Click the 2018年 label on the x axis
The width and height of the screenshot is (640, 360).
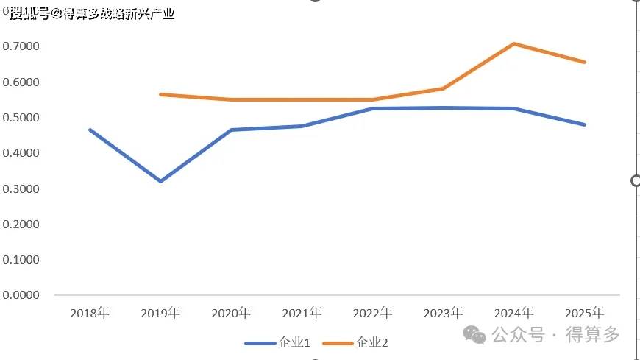[x=90, y=313]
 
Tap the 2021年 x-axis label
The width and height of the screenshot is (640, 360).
[x=302, y=313]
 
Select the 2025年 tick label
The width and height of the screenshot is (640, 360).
[x=585, y=313]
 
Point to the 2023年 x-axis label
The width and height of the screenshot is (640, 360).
[x=444, y=313]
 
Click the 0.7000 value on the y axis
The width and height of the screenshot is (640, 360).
[x=21, y=46]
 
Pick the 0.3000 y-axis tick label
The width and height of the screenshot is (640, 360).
[x=21, y=188]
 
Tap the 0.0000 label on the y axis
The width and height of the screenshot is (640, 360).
[x=21, y=295]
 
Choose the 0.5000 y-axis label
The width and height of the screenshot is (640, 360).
[x=21, y=118]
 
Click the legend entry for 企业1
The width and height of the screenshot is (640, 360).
[x=277, y=342]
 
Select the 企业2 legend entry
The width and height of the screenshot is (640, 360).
[x=355, y=342]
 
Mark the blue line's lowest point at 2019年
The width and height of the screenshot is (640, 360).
[x=160, y=181]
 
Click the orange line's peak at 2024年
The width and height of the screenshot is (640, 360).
[x=514, y=43]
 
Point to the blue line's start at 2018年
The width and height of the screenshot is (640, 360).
[x=90, y=130]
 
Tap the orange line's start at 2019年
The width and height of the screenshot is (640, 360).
[x=160, y=94]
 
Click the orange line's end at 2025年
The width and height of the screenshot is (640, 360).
[x=585, y=62]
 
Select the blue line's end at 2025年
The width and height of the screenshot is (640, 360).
[x=585, y=124]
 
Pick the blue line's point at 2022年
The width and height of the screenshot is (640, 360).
[x=372, y=109]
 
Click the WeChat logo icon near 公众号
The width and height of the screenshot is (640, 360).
[x=474, y=335]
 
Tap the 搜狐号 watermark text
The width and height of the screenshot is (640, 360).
[x=29, y=13]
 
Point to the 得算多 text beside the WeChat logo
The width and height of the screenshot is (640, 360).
[x=593, y=335]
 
